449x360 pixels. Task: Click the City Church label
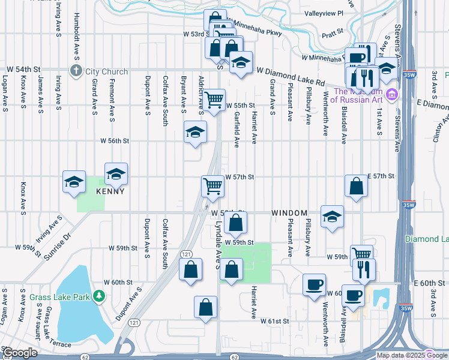click(106, 71)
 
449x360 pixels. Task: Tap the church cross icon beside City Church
click(76, 71)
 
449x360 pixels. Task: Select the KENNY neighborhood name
click(110, 191)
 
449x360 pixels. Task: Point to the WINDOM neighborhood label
click(289, 213)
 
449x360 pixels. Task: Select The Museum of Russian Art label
click(357, 96)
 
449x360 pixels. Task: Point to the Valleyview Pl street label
click(323, 13)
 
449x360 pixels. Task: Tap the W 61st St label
click(275, 322)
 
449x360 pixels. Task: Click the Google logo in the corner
click(20, 353)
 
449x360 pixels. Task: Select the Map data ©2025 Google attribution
click(411, 355)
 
